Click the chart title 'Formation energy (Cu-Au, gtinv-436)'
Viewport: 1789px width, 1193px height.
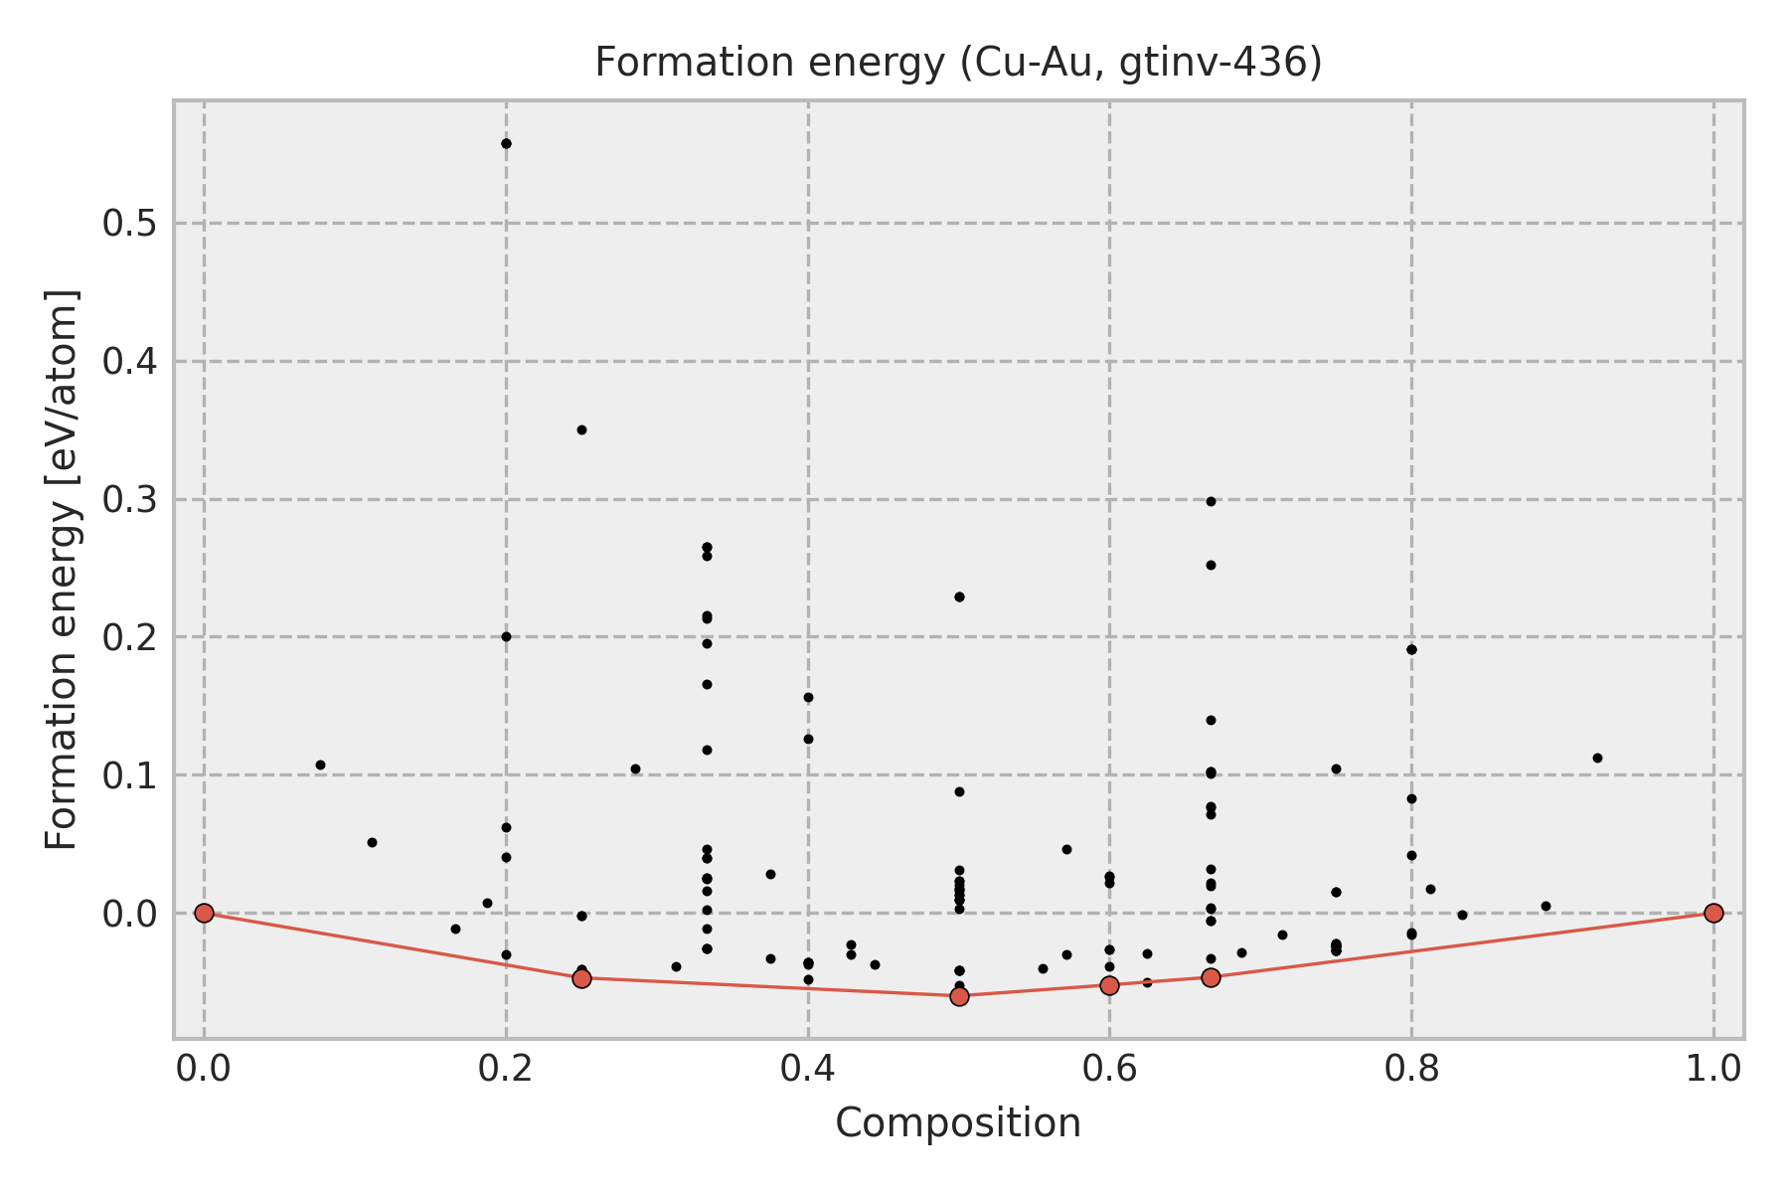958,64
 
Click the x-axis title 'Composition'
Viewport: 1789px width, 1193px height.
958,1123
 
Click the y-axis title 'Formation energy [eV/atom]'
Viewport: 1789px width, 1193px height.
62,570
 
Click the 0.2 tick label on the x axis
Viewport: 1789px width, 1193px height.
506,1068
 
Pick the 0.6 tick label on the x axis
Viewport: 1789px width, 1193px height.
1109,1068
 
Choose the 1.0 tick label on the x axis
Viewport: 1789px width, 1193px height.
1713,1068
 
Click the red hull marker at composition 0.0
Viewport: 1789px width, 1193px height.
204,913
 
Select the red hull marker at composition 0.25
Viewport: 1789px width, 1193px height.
581,978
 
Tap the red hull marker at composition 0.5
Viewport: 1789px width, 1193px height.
959,996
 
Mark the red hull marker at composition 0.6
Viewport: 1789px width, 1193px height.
1109,985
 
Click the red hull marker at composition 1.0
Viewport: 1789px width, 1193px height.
1713,913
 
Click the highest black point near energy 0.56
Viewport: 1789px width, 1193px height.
506,143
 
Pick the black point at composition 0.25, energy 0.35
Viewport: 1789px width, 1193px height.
581,429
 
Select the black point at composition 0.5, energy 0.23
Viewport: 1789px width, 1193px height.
959,596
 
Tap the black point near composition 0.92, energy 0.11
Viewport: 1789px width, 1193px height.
1597,758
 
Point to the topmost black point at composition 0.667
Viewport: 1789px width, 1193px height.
1211,501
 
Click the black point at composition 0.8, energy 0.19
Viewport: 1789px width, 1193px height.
1411,649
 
